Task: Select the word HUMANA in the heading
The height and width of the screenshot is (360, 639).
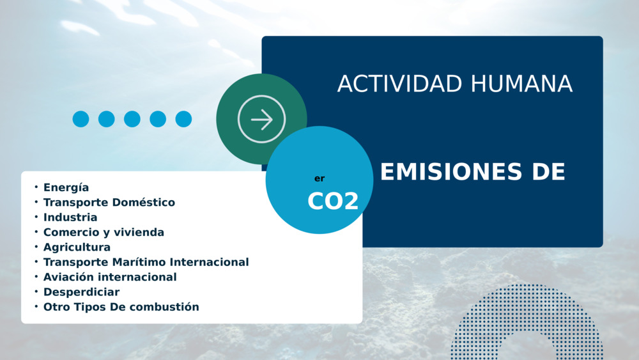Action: (x=521, y=84)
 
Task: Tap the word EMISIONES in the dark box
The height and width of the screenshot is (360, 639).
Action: (x=451, y=171)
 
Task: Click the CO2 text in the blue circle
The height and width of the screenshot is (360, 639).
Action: (x=333, y=201)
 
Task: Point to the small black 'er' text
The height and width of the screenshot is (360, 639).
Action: (x=319, y=178)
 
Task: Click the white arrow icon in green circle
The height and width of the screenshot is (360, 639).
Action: (x=261, y=120)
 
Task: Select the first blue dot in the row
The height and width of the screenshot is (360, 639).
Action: (x=81, y=119)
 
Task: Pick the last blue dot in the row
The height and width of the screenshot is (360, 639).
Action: (x=183, y=119)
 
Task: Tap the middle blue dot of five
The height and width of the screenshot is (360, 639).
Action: (x=132, y=119)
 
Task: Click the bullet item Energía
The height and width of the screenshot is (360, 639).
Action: (x=66, y=187)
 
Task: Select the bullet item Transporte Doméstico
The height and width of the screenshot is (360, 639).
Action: (x=109, y=202)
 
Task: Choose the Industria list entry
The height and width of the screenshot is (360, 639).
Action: (x=70, y=217)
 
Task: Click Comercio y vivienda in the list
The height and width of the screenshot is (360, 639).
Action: (x=104, y=232)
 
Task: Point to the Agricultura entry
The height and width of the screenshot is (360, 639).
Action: (x=77, y=247)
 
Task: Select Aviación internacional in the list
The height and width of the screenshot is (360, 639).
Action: (x=110, y=278)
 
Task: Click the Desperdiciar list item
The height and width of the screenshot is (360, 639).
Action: (x=82, y=292)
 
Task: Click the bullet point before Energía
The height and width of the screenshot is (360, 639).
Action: (x=36, y=187)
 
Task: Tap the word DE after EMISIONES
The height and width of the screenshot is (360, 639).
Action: (x=548, y=171)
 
